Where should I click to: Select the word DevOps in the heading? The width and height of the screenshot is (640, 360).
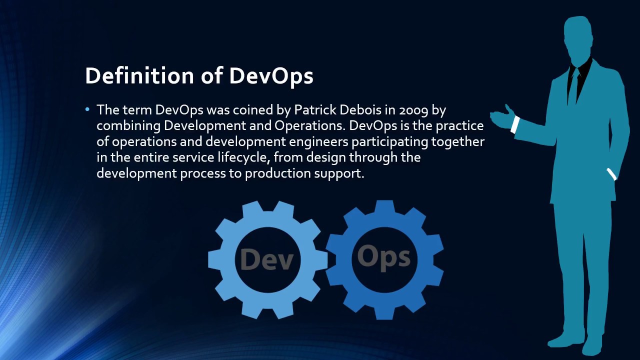[271, 75]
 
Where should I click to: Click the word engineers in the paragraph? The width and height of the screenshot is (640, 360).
[320, 141]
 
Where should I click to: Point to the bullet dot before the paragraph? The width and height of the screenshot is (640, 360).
[88, 109]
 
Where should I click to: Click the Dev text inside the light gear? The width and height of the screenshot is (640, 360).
[266, 259]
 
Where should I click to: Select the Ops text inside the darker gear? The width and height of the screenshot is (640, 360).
[383, 256]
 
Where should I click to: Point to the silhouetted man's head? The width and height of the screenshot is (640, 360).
[579, 37]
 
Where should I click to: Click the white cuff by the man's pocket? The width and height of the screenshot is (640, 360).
[611, 174]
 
